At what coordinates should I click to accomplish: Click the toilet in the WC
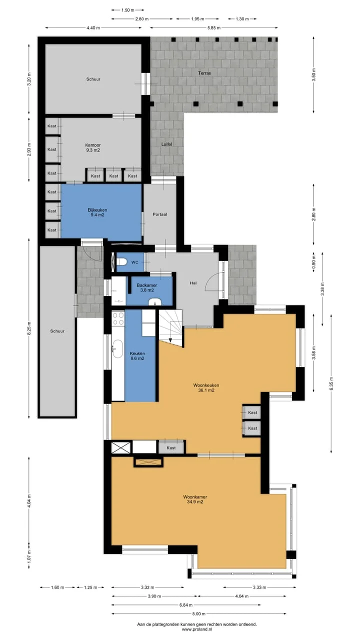click(121, 261)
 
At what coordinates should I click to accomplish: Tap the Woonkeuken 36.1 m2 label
click(206, 387)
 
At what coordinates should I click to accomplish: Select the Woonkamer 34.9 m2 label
click(195, 499)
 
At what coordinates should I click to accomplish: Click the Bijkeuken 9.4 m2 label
click(97, 212)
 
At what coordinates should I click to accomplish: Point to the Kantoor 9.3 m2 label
click(93, 147)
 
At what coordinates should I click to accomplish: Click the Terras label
click(204, 73)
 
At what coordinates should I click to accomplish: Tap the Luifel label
click(166, 144)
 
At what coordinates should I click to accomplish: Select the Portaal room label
click(159, 214)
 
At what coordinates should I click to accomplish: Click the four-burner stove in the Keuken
click(118, 319)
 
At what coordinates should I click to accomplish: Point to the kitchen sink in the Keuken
click(117, 348)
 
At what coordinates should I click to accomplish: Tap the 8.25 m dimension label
click(29, 328)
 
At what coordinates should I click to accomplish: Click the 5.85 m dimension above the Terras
click(214, 27)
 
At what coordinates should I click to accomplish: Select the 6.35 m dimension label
click(331, 383)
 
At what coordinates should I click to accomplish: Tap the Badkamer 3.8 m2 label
click(147, 287)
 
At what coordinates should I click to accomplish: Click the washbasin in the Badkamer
click(155, 301)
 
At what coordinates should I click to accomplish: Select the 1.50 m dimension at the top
click(127, 10)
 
